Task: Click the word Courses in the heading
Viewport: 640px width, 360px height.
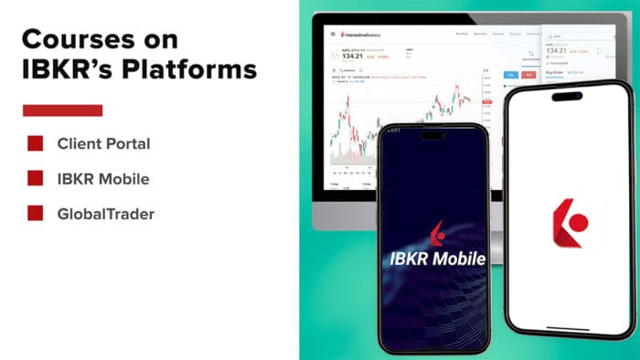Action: click(x=75, y=39)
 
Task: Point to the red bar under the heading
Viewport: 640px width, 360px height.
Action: click(x=61, y=111)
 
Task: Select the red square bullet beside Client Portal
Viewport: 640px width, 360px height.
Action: click(x=36, y=143)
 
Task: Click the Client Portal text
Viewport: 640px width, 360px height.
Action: click(x=103, y=143)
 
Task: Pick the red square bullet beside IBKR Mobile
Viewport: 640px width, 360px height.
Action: click(x=36, y=178)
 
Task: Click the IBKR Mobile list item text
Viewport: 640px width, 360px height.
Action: click(x=102, y=178)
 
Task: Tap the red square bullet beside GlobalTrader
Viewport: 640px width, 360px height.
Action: click(x=36, y=213)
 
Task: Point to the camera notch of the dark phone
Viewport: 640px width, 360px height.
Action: click(x=433, y=134)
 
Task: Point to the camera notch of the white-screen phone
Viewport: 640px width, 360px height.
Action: click(x=566, y=95)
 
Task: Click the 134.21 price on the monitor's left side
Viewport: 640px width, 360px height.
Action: click(x=349, y=56)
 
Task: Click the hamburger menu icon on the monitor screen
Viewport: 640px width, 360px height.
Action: click(x=332, y=34)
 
